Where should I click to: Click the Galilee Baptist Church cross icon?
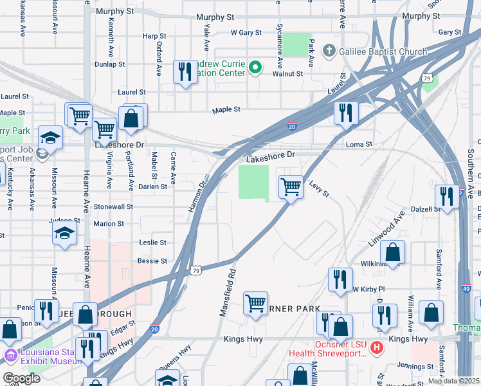click(x=329, y=51)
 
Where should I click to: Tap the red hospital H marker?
click(x=377, y=349)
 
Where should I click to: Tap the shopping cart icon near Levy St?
click(x=291, y=187)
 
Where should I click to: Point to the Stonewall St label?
click(x=113, y=207)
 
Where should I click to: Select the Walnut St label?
click(x=287, y=74)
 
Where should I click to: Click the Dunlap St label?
click(x=109, y=64)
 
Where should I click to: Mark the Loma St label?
click(x=359, y=144)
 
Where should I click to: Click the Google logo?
click(x=21, y=378)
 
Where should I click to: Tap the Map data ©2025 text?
click(x=453, y=381)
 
